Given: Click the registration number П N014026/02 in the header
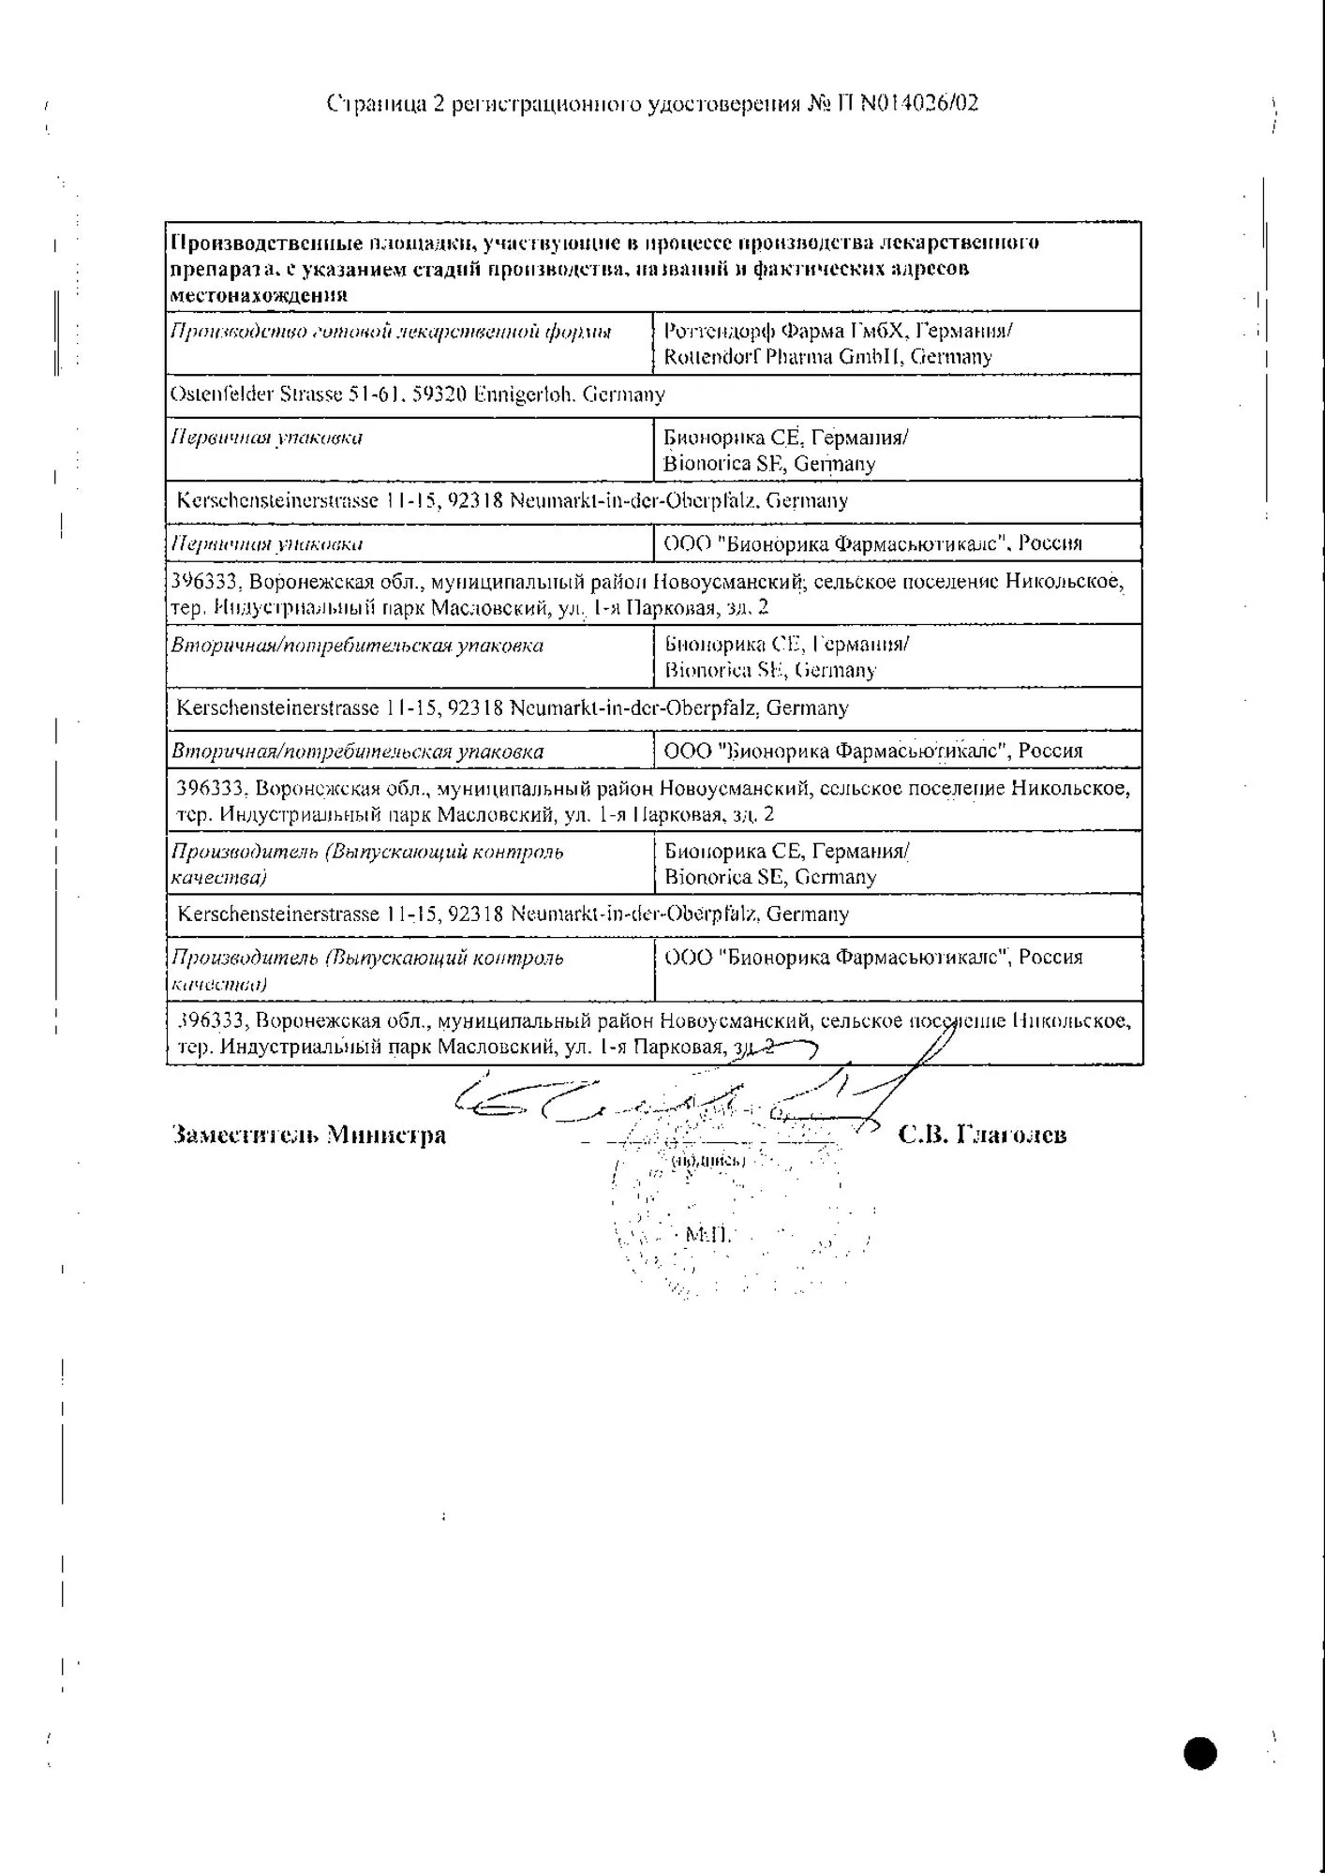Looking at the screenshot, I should [x=906, y=103].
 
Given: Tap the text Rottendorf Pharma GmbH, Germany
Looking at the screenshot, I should [x=827, y=357].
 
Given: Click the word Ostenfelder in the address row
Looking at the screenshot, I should [x=221, y=394].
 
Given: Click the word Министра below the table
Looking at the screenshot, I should [x=386, y=1136].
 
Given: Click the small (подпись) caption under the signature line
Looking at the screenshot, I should [x=708, y=1161].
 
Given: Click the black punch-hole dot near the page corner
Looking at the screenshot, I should [x=1200, y=1752].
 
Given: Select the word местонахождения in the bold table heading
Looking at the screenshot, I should [x=259, y=294].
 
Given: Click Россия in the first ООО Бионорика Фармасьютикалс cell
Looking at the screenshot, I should [x=1050, y=543].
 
